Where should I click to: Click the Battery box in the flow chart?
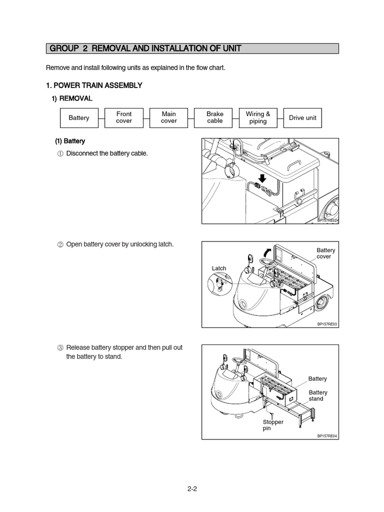click(79, 118)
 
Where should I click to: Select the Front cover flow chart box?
click(124, 118)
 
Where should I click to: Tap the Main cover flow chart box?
click(169, 118)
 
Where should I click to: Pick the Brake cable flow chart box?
click(215, 118)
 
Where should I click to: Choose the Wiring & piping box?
click(258, 118)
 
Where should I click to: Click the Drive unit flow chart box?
click(303, 118)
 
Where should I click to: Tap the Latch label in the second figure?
click(219, 268)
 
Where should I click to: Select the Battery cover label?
click(326, 253)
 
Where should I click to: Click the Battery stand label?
click(318, 395)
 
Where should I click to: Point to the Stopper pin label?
click(273, 425)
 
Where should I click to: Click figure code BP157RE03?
click(327, 324)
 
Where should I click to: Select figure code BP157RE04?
click(327, 436)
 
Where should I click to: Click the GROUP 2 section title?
click(145, 48)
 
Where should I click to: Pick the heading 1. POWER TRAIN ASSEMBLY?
click(94, 85)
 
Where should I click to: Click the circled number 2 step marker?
click(60, 245)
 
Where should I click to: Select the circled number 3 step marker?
click(60, 348)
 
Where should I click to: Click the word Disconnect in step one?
click(82, 153)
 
